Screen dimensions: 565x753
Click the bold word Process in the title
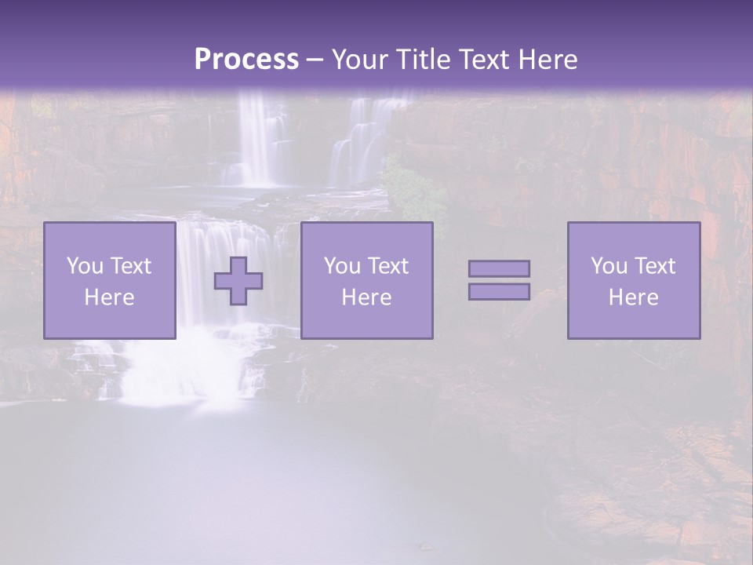pos(246,60)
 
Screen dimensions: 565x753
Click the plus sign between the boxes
pos(238,281)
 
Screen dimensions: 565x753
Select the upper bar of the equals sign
pos(499,268)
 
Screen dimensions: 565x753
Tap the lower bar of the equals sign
pos(499,292)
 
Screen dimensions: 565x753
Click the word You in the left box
pos(84,266)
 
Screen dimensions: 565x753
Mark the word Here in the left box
pos(109,297)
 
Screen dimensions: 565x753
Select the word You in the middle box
pos(341,266)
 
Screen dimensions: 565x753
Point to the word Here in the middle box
pos(366,297)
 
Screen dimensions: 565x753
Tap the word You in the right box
pos(608,266)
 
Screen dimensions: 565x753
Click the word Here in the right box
pos(633,297)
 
